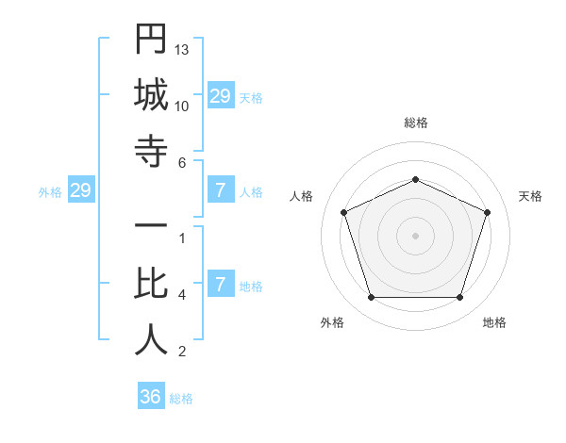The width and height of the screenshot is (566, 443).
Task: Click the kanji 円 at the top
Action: [x=151, y=41]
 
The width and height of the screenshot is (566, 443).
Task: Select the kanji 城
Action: [x=151, y=96]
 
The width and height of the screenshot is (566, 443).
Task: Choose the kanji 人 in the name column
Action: [x=151, y=340]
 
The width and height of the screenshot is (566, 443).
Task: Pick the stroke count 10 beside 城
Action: [x=182, y=106]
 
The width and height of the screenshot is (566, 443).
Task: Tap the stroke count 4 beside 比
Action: [x=181, y=295]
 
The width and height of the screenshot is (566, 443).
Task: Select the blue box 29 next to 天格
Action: [x=220, y=96]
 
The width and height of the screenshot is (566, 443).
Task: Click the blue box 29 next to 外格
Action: [x=80, y=190]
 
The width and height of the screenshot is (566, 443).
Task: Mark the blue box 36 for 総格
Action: [x=151, y=397]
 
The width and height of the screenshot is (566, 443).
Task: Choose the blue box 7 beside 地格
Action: [x=220, y=285]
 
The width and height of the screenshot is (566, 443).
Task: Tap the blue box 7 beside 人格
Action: [x=220, y=190]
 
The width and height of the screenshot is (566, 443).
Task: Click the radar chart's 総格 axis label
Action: [x=415, y=123]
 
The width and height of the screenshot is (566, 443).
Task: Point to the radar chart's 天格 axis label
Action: [x=531, y=196]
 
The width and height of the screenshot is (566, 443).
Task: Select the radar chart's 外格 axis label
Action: [x=332, y=322]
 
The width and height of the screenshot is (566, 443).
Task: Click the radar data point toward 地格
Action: [x=460, y=298]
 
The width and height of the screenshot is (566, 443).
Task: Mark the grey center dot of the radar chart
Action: [x=415, y=236]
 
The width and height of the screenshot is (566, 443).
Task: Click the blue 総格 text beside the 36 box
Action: [x=181, y=399]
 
